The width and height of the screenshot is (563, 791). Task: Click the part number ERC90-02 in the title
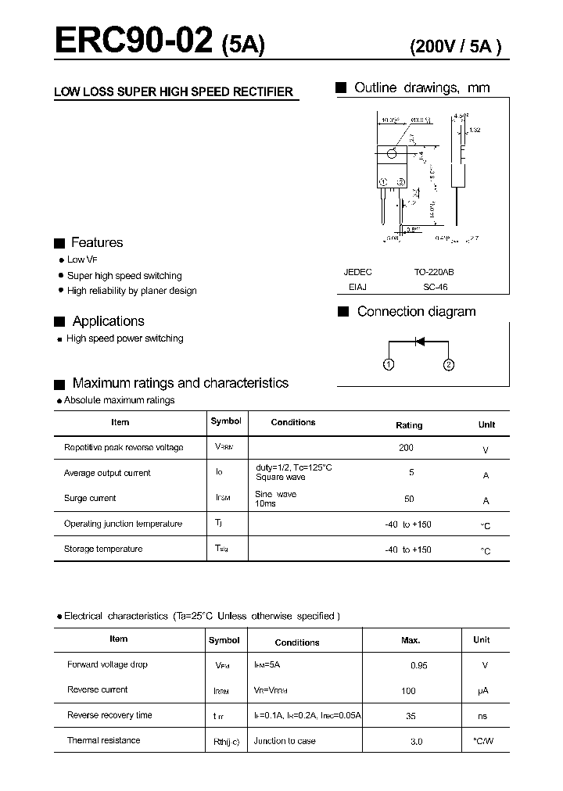pos(133,41)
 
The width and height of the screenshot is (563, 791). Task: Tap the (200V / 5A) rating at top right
pos(456,46)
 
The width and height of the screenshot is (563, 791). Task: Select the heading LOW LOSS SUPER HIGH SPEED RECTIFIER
pos(173,92)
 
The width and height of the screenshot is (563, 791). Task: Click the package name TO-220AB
pos(434,272)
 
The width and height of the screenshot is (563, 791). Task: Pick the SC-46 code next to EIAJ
pos(434,287)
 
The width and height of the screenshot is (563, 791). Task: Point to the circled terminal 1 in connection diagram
pos(389,364)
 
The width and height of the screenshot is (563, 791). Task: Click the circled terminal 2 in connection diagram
pos(449,364)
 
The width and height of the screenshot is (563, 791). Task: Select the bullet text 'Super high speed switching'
pos(124,276)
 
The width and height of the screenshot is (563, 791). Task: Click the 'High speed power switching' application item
pos(125,338)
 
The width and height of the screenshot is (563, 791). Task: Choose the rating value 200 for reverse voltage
pos(406,448)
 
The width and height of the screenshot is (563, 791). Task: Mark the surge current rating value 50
pos(409,499)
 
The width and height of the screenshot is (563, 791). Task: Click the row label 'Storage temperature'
pos(103,549)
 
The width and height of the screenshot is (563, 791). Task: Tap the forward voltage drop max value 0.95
pos(419,665)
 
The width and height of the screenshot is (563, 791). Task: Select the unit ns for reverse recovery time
pos(482,716)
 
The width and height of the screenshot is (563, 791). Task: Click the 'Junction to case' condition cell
pos(285,740)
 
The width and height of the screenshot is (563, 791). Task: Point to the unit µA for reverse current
pos(482,691)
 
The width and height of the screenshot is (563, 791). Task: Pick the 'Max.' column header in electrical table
pos(411,640)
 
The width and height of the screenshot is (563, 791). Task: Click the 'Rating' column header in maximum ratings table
pos(409,425)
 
